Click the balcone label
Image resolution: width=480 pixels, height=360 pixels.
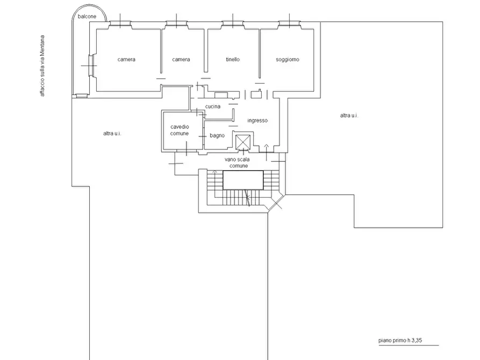(x=87, y=17)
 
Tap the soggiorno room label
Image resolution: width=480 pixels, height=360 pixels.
(x=288, y=60)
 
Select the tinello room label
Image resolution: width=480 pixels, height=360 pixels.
(x=233, y=60)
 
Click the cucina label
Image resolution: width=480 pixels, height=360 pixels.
(x=213, y=106)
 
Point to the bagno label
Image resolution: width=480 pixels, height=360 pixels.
(x=217, y=135)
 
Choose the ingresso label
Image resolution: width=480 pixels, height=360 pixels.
(x=257, y=120)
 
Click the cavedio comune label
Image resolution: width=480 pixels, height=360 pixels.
(x=180, y=130)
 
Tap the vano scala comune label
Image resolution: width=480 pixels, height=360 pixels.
(x=237, y=163)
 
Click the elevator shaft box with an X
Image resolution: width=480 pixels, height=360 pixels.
(x=243, y=142)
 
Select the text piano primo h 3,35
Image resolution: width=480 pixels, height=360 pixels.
(x=400, y=341)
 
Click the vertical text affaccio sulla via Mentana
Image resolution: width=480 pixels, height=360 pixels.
(x=42, y=66)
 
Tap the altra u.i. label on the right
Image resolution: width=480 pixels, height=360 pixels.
(x=349, y=116)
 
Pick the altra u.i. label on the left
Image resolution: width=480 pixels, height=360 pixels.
(x=112, y=133)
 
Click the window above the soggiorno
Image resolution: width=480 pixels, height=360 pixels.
(x=290, y=23)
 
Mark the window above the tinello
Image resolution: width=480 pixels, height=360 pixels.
(x=233, y=23)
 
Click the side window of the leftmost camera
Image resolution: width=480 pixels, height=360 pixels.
(x=91, y=66)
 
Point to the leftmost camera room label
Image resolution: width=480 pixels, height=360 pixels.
(x=126, y=60)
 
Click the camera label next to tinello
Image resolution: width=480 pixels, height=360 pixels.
(x=181, y=60)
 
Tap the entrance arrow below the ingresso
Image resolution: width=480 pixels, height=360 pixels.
(x=266, y=152)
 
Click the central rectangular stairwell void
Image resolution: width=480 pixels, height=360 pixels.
(x=243, y=180)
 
